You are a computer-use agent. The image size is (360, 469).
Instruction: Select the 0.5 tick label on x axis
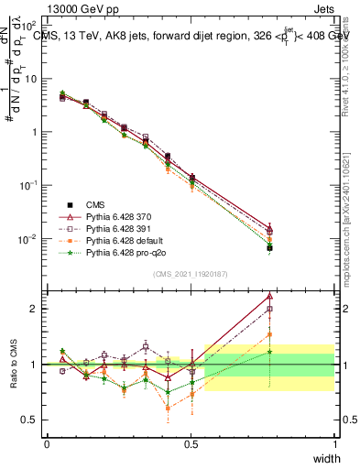click(x=191, y=443)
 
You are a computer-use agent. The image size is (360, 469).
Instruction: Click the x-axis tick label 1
click(x=335, y=443)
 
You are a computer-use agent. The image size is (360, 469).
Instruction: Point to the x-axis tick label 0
click(x=47, y=443)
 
